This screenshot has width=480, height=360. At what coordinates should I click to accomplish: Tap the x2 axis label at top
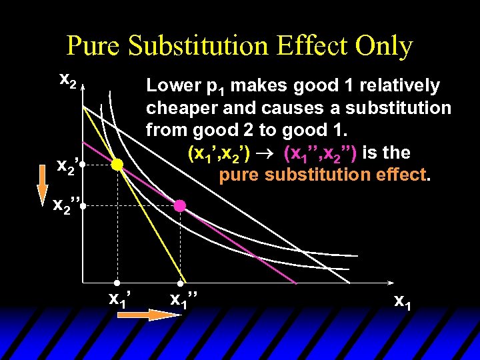click(67, 79)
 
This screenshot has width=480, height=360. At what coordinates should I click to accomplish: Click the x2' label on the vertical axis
click(68, 165)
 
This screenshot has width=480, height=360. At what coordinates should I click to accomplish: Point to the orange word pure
click(240, 175)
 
